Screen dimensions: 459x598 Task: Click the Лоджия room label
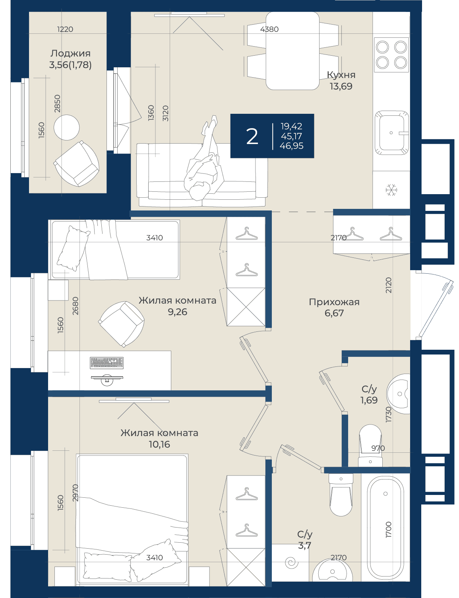tap(70, 53)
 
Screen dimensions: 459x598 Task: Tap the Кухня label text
tap(341, 75)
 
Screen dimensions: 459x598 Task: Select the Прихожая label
tap(334, 302)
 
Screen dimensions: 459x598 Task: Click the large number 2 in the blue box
tap(252, 136)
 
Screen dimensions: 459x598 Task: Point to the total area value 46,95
tap(291, 146)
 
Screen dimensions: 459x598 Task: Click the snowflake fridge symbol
tap(391, 190)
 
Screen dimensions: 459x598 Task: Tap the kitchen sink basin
tap(392, 132)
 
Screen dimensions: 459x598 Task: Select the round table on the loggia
tap(66, 127)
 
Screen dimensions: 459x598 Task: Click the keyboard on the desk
tap(107, 363)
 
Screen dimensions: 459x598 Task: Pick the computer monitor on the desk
tap(107, 379)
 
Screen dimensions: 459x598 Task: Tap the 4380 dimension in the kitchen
tap(269, 29)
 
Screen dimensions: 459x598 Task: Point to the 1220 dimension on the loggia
tap(65, 29)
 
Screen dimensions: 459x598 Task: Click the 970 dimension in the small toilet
tap(378, 448)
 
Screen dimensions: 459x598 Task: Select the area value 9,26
tap(177, 312)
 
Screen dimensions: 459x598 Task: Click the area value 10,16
tap(159, 444)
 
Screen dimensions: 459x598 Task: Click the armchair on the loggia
tap(76, 164)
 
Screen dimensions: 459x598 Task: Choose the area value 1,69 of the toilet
tap(369, 400)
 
